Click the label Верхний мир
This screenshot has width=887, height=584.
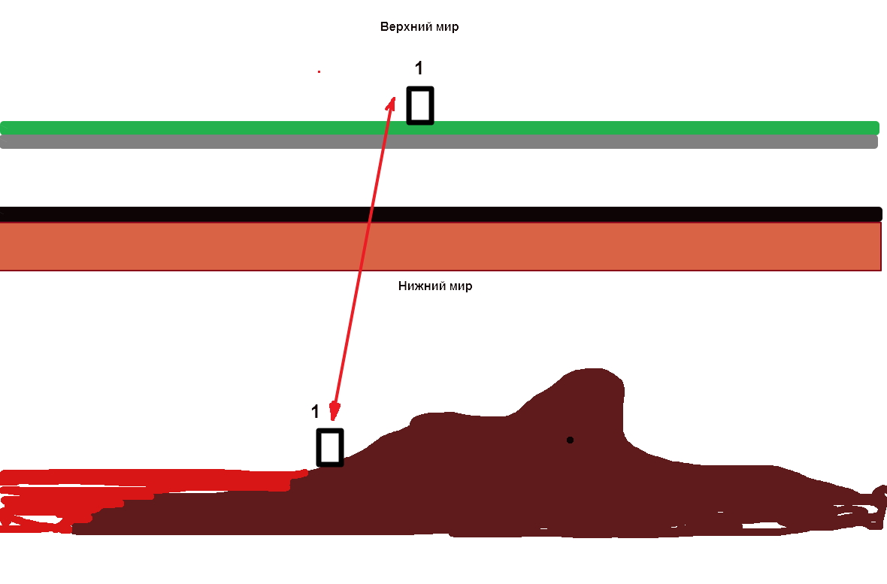(419, 27)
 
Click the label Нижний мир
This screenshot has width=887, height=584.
(434, 286)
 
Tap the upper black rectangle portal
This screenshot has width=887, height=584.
(420, 105)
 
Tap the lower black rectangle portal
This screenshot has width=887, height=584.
(330, 447)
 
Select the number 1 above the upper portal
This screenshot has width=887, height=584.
(419, 68)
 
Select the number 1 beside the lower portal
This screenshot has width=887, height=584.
(315, 412)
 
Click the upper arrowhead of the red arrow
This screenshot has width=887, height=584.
(391, 102)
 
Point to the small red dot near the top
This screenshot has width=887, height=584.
(319, 71)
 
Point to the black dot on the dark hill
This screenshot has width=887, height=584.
(570, 440)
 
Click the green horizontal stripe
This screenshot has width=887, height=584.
(226, 128)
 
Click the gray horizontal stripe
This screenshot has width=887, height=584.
(226, 142)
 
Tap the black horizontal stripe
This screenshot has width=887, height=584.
(226, 213)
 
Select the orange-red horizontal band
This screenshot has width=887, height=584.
(226, 246)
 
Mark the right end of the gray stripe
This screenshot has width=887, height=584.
(873, 142)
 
